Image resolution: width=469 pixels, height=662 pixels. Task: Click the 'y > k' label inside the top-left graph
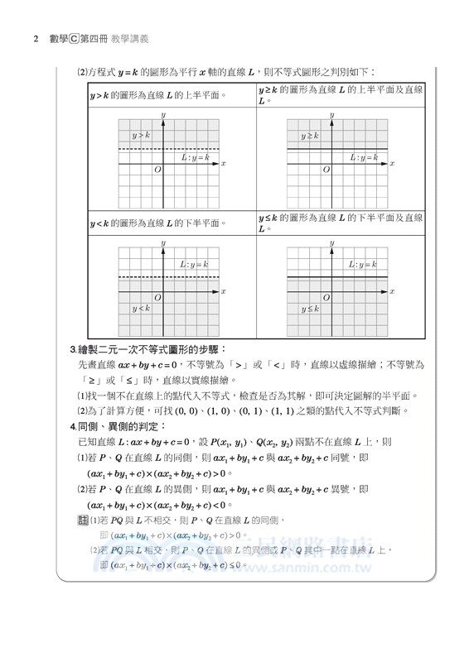click(x=141, y=135)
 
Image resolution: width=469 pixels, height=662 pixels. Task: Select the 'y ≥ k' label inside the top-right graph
click(x=310, y=135)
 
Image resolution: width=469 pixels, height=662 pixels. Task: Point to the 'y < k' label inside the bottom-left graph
click(x=141, y=309)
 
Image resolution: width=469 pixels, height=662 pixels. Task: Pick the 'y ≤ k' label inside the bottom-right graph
click(x=310, y=309)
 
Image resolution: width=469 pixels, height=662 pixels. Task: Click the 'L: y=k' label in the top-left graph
click(x=196, y=156)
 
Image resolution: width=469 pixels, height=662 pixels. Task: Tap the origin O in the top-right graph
click(x=326, y=170)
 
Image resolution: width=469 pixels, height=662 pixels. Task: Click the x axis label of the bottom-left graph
click(x=224, y=291)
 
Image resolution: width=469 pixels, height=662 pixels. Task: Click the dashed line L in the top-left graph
click(x=133, y=149)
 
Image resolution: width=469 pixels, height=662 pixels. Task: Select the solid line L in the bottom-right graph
click(x=307, y=276)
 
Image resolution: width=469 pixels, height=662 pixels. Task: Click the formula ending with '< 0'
click(x=158, y=505)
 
